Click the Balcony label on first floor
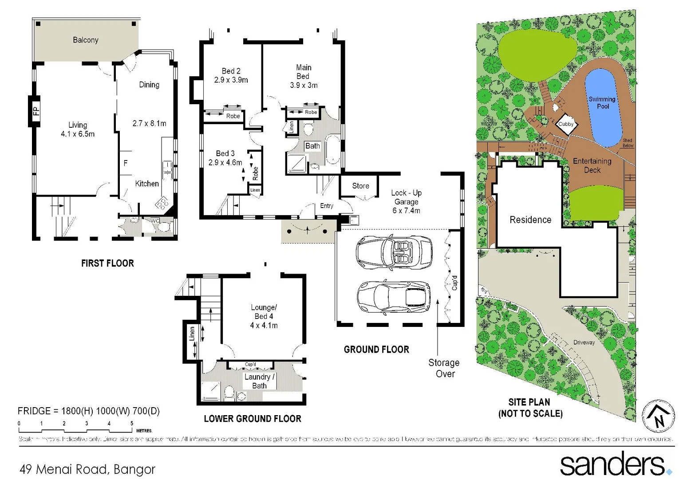[x=86, y=40]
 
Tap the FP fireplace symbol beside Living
[x=35, y=111]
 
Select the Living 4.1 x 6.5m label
[x=78, y=130]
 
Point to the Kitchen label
[x=147, y=184]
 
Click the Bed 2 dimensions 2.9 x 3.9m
[x=231, y=80]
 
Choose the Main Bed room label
[x=304, y=76]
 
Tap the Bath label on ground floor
[x=312, y=146]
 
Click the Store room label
[x=360, y=186]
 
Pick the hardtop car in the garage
[x=394, y=296]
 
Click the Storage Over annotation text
[x=444, y=368]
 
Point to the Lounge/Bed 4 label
[x=264, y=316]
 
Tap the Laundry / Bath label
[x=260, y=381]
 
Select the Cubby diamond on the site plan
[x=566, y=124]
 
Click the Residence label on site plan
[x=530, y=220]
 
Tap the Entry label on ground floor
[x=327, y=206]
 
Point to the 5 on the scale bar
[x=132, y=424]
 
